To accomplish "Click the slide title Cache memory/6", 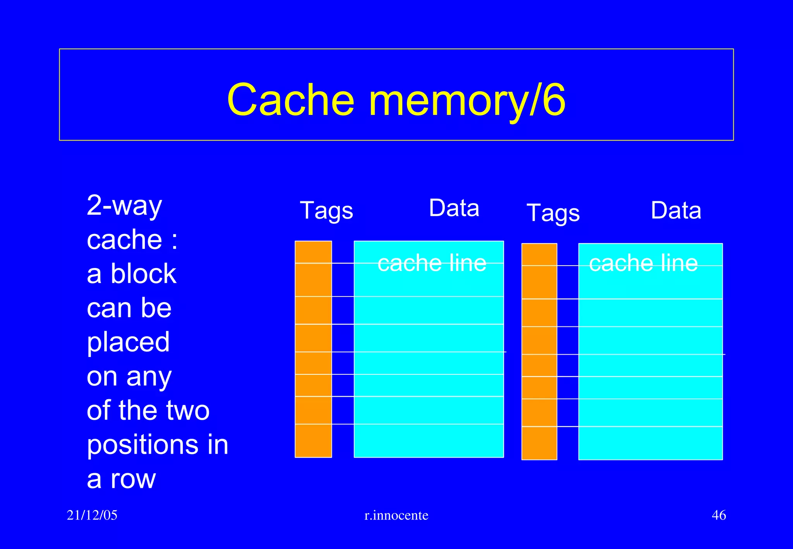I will coord(396,100).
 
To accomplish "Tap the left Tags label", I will coord(326,211).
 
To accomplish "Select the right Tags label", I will coord(553,213).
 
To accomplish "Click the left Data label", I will coord(454,208).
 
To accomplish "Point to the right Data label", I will coord(676,211).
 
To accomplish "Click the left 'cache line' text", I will coord(432,263).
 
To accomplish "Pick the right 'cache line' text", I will coord(643,263).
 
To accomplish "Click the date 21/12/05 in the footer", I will coord(92,515).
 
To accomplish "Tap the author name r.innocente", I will coord(396,515).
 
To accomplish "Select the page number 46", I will coord(719,515).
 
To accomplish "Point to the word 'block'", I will coord(144,274).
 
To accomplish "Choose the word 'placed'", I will coord(128,342).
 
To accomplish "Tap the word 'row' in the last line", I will coord(133,479).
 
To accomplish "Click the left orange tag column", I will coord(313,349).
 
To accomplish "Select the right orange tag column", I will coord(539,351).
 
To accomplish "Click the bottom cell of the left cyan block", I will coord(429,441).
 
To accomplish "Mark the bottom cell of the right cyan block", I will coord(650,443).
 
